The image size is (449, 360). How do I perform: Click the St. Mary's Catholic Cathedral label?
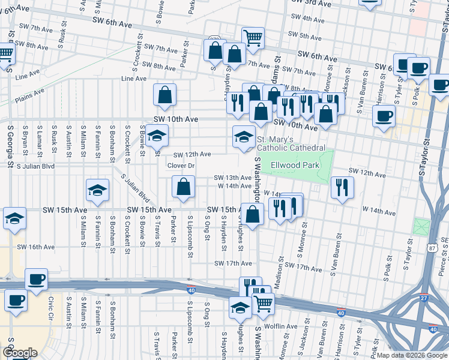(x=291, y=143)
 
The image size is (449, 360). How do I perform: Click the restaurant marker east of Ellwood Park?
(x=342, y=187)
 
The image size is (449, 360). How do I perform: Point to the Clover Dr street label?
(x=181, y=166)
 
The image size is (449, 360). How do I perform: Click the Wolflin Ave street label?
(x=282, y=326)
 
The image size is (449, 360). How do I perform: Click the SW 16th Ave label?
(x=36, y=247)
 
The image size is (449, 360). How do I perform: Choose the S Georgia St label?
(x=10, y=146)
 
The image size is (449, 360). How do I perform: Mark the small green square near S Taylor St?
(x=421, y=227)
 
